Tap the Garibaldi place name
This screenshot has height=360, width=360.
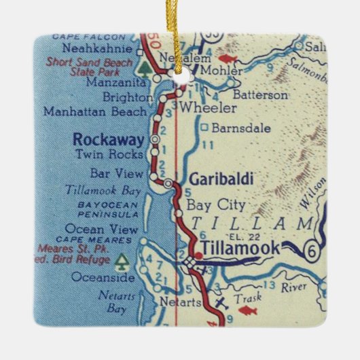tap(212, 179)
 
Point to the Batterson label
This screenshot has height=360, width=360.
tap(259, 95)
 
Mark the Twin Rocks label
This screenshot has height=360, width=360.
tap(118, 155)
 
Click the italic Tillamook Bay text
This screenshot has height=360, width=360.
tap(102, 190)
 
